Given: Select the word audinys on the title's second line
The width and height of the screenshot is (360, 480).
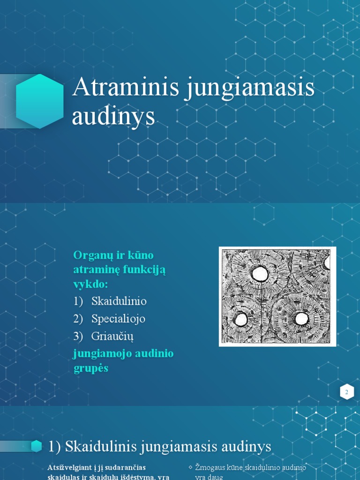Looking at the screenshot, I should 113,117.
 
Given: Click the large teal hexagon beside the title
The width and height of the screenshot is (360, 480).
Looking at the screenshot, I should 40,101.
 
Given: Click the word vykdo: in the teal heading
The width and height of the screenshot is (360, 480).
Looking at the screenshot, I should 90,285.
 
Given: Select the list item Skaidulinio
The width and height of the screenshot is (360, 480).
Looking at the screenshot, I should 119,301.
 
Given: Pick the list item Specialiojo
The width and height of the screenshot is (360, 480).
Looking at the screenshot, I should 119,319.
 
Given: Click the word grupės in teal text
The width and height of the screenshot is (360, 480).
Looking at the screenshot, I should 91,368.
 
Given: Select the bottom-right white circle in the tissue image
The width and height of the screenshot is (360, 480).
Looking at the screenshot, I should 301,319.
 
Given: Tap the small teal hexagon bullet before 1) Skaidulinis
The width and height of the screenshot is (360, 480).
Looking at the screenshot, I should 37,447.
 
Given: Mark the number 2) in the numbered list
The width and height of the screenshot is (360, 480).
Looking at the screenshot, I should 78,319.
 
